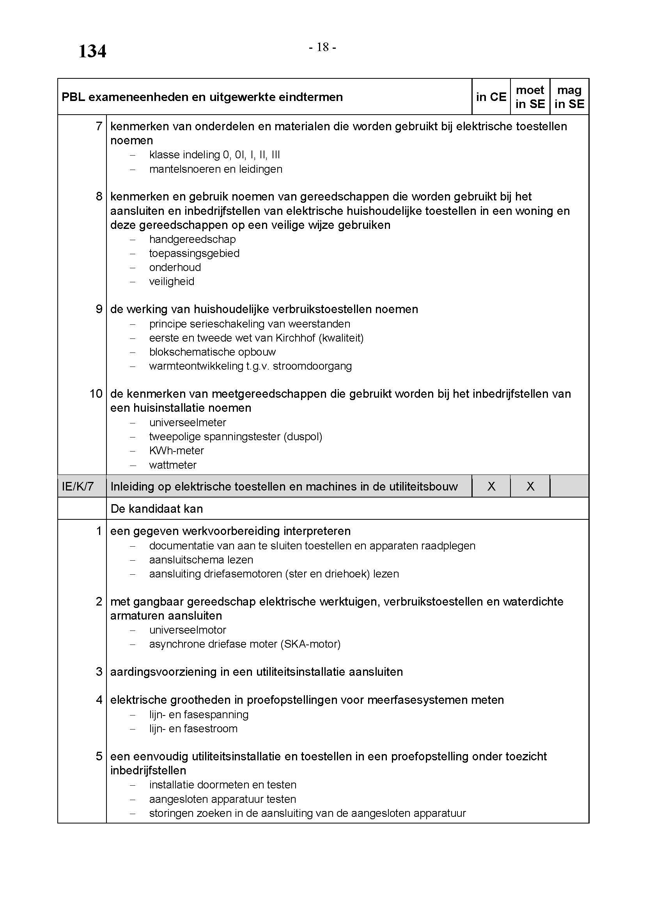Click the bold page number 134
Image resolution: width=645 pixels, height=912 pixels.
coord(92,51)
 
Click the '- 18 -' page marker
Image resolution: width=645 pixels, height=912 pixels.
coord(322,48)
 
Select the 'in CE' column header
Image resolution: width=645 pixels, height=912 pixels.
coord(491,97)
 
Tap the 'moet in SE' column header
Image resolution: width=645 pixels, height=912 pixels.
coord(530,97)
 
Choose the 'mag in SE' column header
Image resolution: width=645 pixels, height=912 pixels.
coord(569,97)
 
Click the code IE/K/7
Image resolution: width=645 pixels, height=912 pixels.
coord(78,486)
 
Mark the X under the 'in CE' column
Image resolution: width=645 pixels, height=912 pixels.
coord(491,486)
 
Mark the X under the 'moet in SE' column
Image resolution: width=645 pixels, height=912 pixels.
coord(530,486)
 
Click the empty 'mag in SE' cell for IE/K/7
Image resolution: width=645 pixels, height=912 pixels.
coord(569,486)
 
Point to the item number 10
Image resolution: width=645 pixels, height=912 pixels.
coord(96,394)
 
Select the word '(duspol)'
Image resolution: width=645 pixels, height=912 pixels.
coord(303,437)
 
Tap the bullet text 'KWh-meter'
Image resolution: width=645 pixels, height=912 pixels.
coord(176,450)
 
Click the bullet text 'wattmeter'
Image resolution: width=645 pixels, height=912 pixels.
coord(173,465)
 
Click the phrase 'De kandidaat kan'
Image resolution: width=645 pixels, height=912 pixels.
coord(156,508)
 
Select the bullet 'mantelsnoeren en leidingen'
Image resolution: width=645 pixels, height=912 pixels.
coord(216,169)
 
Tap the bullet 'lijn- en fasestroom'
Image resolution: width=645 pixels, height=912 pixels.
coord(193,728)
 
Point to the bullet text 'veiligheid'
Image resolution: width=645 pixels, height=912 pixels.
coord(172,281)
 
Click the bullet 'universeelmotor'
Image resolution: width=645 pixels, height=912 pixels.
coord(188,630)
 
